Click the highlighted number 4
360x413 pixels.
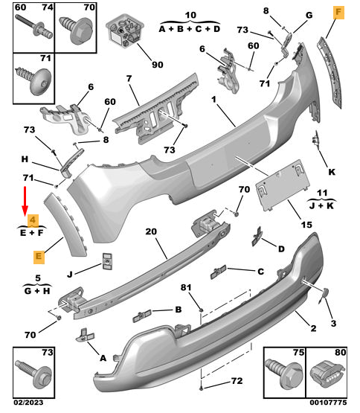click(32, 220)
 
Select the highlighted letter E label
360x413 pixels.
click(37, 257)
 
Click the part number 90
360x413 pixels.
click(158, 65)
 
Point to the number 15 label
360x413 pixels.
click(306, 225)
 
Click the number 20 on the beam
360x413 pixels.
click(151, 231)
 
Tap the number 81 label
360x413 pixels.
click(186, 287)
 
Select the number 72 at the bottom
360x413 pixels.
click(237, 381)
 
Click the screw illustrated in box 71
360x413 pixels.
click(33, 77)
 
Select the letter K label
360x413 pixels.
click(332, 172)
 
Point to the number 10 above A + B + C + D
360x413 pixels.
click(190, 15)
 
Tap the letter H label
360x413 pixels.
click(25, 159)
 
